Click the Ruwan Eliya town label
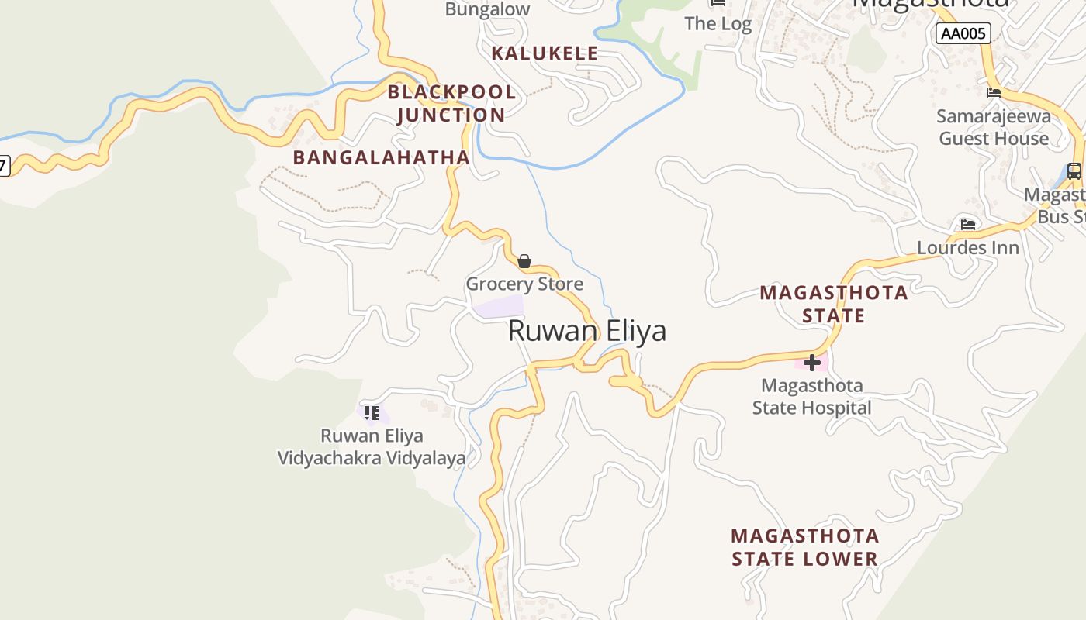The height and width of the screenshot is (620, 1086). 586,331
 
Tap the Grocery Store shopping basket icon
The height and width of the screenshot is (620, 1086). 524,261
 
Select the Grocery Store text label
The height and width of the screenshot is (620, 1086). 524,284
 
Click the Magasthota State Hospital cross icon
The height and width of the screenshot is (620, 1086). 812,362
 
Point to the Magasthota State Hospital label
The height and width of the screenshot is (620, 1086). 812,396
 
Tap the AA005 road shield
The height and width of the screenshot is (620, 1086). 963,33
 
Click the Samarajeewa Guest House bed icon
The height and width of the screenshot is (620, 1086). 994,93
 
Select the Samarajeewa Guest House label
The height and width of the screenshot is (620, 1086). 994,128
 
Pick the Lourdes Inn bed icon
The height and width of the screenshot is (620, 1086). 968,225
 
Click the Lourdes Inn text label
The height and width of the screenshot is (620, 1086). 968,248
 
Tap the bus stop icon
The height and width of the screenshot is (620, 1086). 1074,171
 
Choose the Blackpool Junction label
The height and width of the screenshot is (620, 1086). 451,103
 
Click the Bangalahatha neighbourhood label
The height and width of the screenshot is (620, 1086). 381,157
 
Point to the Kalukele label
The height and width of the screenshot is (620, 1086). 545,53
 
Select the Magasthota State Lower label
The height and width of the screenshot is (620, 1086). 805,547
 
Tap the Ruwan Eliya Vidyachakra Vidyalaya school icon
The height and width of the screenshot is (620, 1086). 372,413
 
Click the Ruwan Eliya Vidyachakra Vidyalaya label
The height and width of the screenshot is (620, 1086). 372,446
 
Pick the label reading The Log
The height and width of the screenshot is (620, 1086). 718,24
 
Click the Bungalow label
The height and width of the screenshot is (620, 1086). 488,9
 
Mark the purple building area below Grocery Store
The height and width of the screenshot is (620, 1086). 499,306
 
